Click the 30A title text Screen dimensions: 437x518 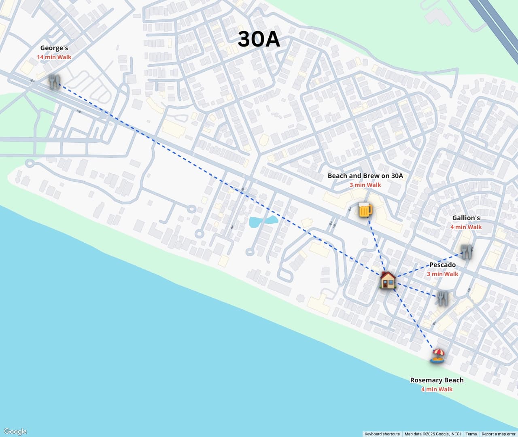coord(259,39)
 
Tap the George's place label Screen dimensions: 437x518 coord(54,48)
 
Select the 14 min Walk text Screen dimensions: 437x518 coord(54,57)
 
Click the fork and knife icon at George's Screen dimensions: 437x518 coord(54,82)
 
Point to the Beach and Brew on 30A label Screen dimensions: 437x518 coord(365,176)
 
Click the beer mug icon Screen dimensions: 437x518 coord(365,210)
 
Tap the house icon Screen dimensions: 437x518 coord(388,280)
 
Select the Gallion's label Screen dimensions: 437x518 coord(466,218)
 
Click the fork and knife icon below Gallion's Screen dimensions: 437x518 coord(467,252)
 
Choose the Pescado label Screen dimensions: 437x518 coord(442,265)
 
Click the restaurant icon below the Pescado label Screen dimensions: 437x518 coord(442,298)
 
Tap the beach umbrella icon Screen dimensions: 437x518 coord(437,356)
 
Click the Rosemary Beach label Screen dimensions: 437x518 coord(437,380)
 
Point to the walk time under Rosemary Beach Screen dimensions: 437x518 coord(437,389)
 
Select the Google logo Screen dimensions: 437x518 coord(15,431)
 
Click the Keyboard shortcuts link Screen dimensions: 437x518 coord(382,434)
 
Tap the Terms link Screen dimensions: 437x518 coord(471,434)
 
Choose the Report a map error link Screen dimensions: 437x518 coord(499,434)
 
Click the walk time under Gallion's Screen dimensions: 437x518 coord(466,227)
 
